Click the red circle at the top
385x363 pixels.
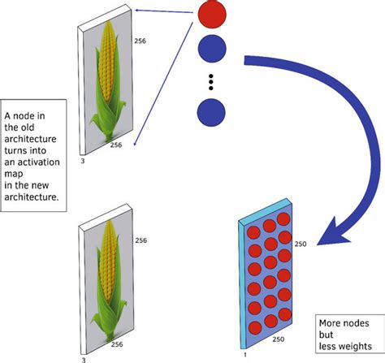[x=211, y=15]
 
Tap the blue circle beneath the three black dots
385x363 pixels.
[x=211, y=111]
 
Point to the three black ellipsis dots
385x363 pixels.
[x=211, y=80]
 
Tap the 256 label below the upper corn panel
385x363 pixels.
[x=115, y=146]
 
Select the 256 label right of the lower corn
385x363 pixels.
[x=141, y=241]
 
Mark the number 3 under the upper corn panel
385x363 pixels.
[x=84, y=162]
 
